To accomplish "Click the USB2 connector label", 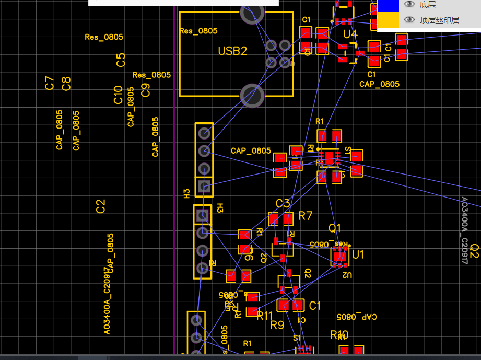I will click(232, 51).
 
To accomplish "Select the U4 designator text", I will click(350, 34).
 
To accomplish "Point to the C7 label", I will click(50, 83).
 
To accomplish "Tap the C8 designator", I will click(66, 84).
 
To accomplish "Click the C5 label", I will click(121, 60).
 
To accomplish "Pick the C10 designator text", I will click(118, 95).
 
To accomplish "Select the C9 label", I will click(146, 90).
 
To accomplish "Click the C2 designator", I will click(101, 206).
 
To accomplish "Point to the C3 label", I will click(283, 203).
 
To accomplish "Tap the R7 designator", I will click(305, 216).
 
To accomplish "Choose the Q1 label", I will click(334, 228).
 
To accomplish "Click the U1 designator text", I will click(358, 254).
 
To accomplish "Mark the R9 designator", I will click(277, 325).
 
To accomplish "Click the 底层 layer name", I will click(428, 5).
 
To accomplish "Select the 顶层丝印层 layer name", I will click(439, 20).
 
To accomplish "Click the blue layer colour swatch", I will click(388, 5).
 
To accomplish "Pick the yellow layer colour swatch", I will click(388, 20).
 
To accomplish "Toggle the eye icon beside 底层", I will click(410, 5).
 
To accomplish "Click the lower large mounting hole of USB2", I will click(252, 96).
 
